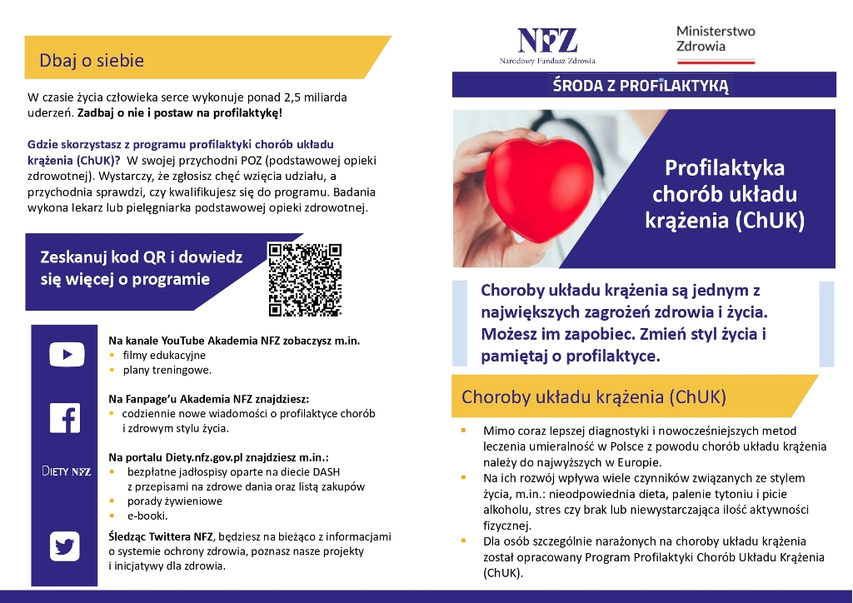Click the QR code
point(305,279)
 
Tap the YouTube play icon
point(66,355)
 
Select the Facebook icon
point(65,417)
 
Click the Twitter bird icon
point(65,546)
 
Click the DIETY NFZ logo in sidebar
point(66,471)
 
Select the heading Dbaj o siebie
point(92,61)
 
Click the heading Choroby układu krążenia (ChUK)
point(594,396)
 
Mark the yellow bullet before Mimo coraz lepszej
point(463,431)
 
